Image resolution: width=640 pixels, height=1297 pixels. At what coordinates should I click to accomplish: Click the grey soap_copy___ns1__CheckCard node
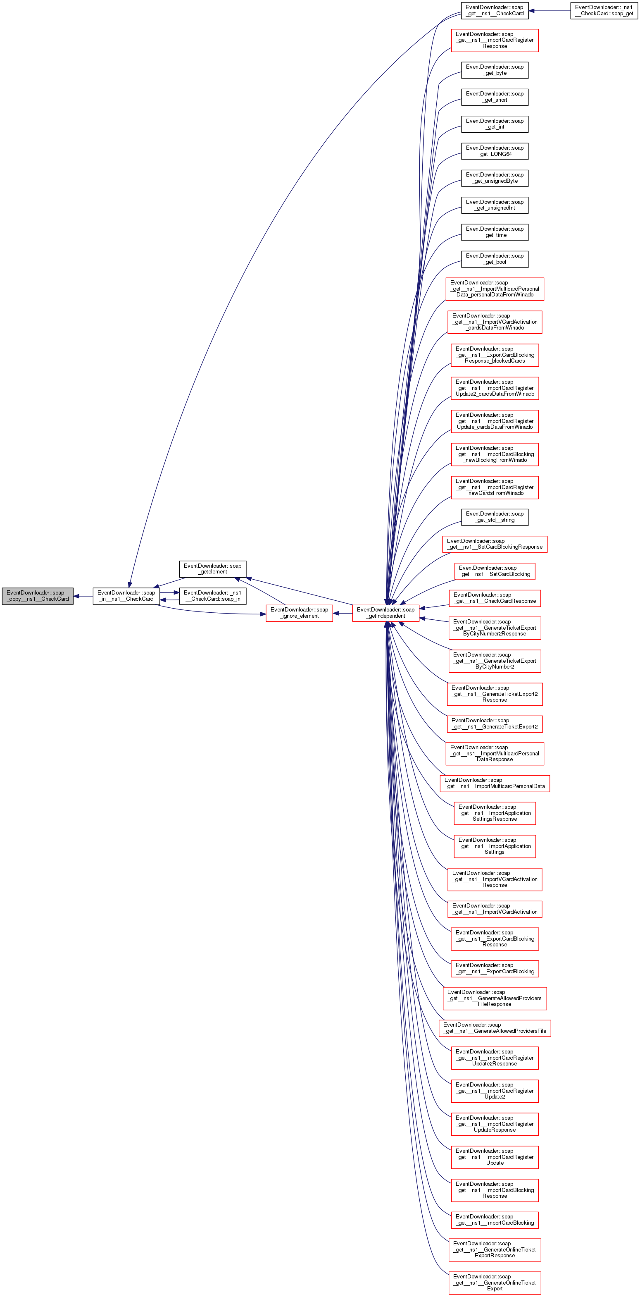point(38,596)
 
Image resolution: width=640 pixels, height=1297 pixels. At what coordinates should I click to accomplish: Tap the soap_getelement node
point(212,568)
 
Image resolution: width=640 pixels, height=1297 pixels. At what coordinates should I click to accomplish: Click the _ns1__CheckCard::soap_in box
point(212,596)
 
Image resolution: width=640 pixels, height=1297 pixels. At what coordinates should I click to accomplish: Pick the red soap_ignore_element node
point(299,613)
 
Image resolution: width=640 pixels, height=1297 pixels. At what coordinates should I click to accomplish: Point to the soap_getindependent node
point(385,613)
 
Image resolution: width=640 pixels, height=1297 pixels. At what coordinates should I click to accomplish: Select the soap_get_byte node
point(495,70)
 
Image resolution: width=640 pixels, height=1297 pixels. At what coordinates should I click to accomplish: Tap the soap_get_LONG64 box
point(495,151)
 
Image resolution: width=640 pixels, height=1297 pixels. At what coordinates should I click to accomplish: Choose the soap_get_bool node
point(495,259)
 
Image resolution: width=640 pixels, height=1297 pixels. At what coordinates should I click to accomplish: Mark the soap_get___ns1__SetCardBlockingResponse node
point(495,544)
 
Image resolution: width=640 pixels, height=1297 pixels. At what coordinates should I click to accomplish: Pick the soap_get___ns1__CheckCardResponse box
point(495,598)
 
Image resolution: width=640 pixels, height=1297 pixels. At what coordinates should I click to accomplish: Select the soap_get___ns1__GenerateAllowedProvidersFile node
point(495,1027)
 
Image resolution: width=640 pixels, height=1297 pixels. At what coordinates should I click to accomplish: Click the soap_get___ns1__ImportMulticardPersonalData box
point(495,783)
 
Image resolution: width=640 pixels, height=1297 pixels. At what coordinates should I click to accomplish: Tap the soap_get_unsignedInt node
point(495,205)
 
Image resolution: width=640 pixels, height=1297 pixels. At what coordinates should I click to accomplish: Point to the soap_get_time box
point(495,232)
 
